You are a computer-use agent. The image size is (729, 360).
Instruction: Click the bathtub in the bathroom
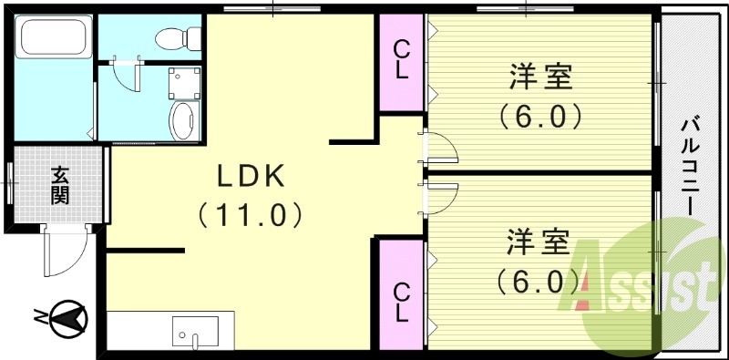point(52,39)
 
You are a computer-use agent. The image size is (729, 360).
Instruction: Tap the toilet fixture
point(172,37)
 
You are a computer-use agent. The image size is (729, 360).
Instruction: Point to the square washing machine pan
point(183,83)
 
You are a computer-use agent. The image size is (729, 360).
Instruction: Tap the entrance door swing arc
point(66,252)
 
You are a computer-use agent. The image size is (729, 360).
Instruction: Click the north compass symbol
point(63,317)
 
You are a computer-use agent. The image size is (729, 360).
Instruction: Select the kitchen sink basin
point(195,330)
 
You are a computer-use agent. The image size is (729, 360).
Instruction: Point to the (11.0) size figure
point(250,215)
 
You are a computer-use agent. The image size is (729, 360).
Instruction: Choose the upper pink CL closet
point(402,62)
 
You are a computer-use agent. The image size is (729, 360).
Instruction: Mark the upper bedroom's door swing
point(436,148)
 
